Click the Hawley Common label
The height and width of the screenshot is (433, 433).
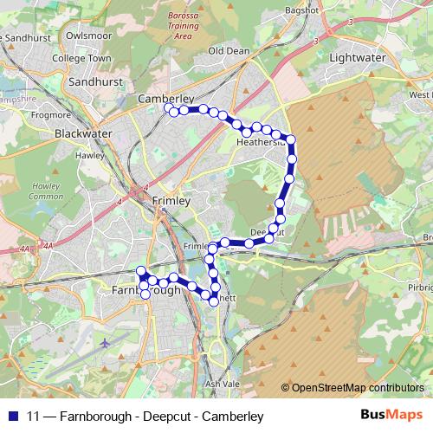point(47,191)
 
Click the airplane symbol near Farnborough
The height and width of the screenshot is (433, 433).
point(106,342)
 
